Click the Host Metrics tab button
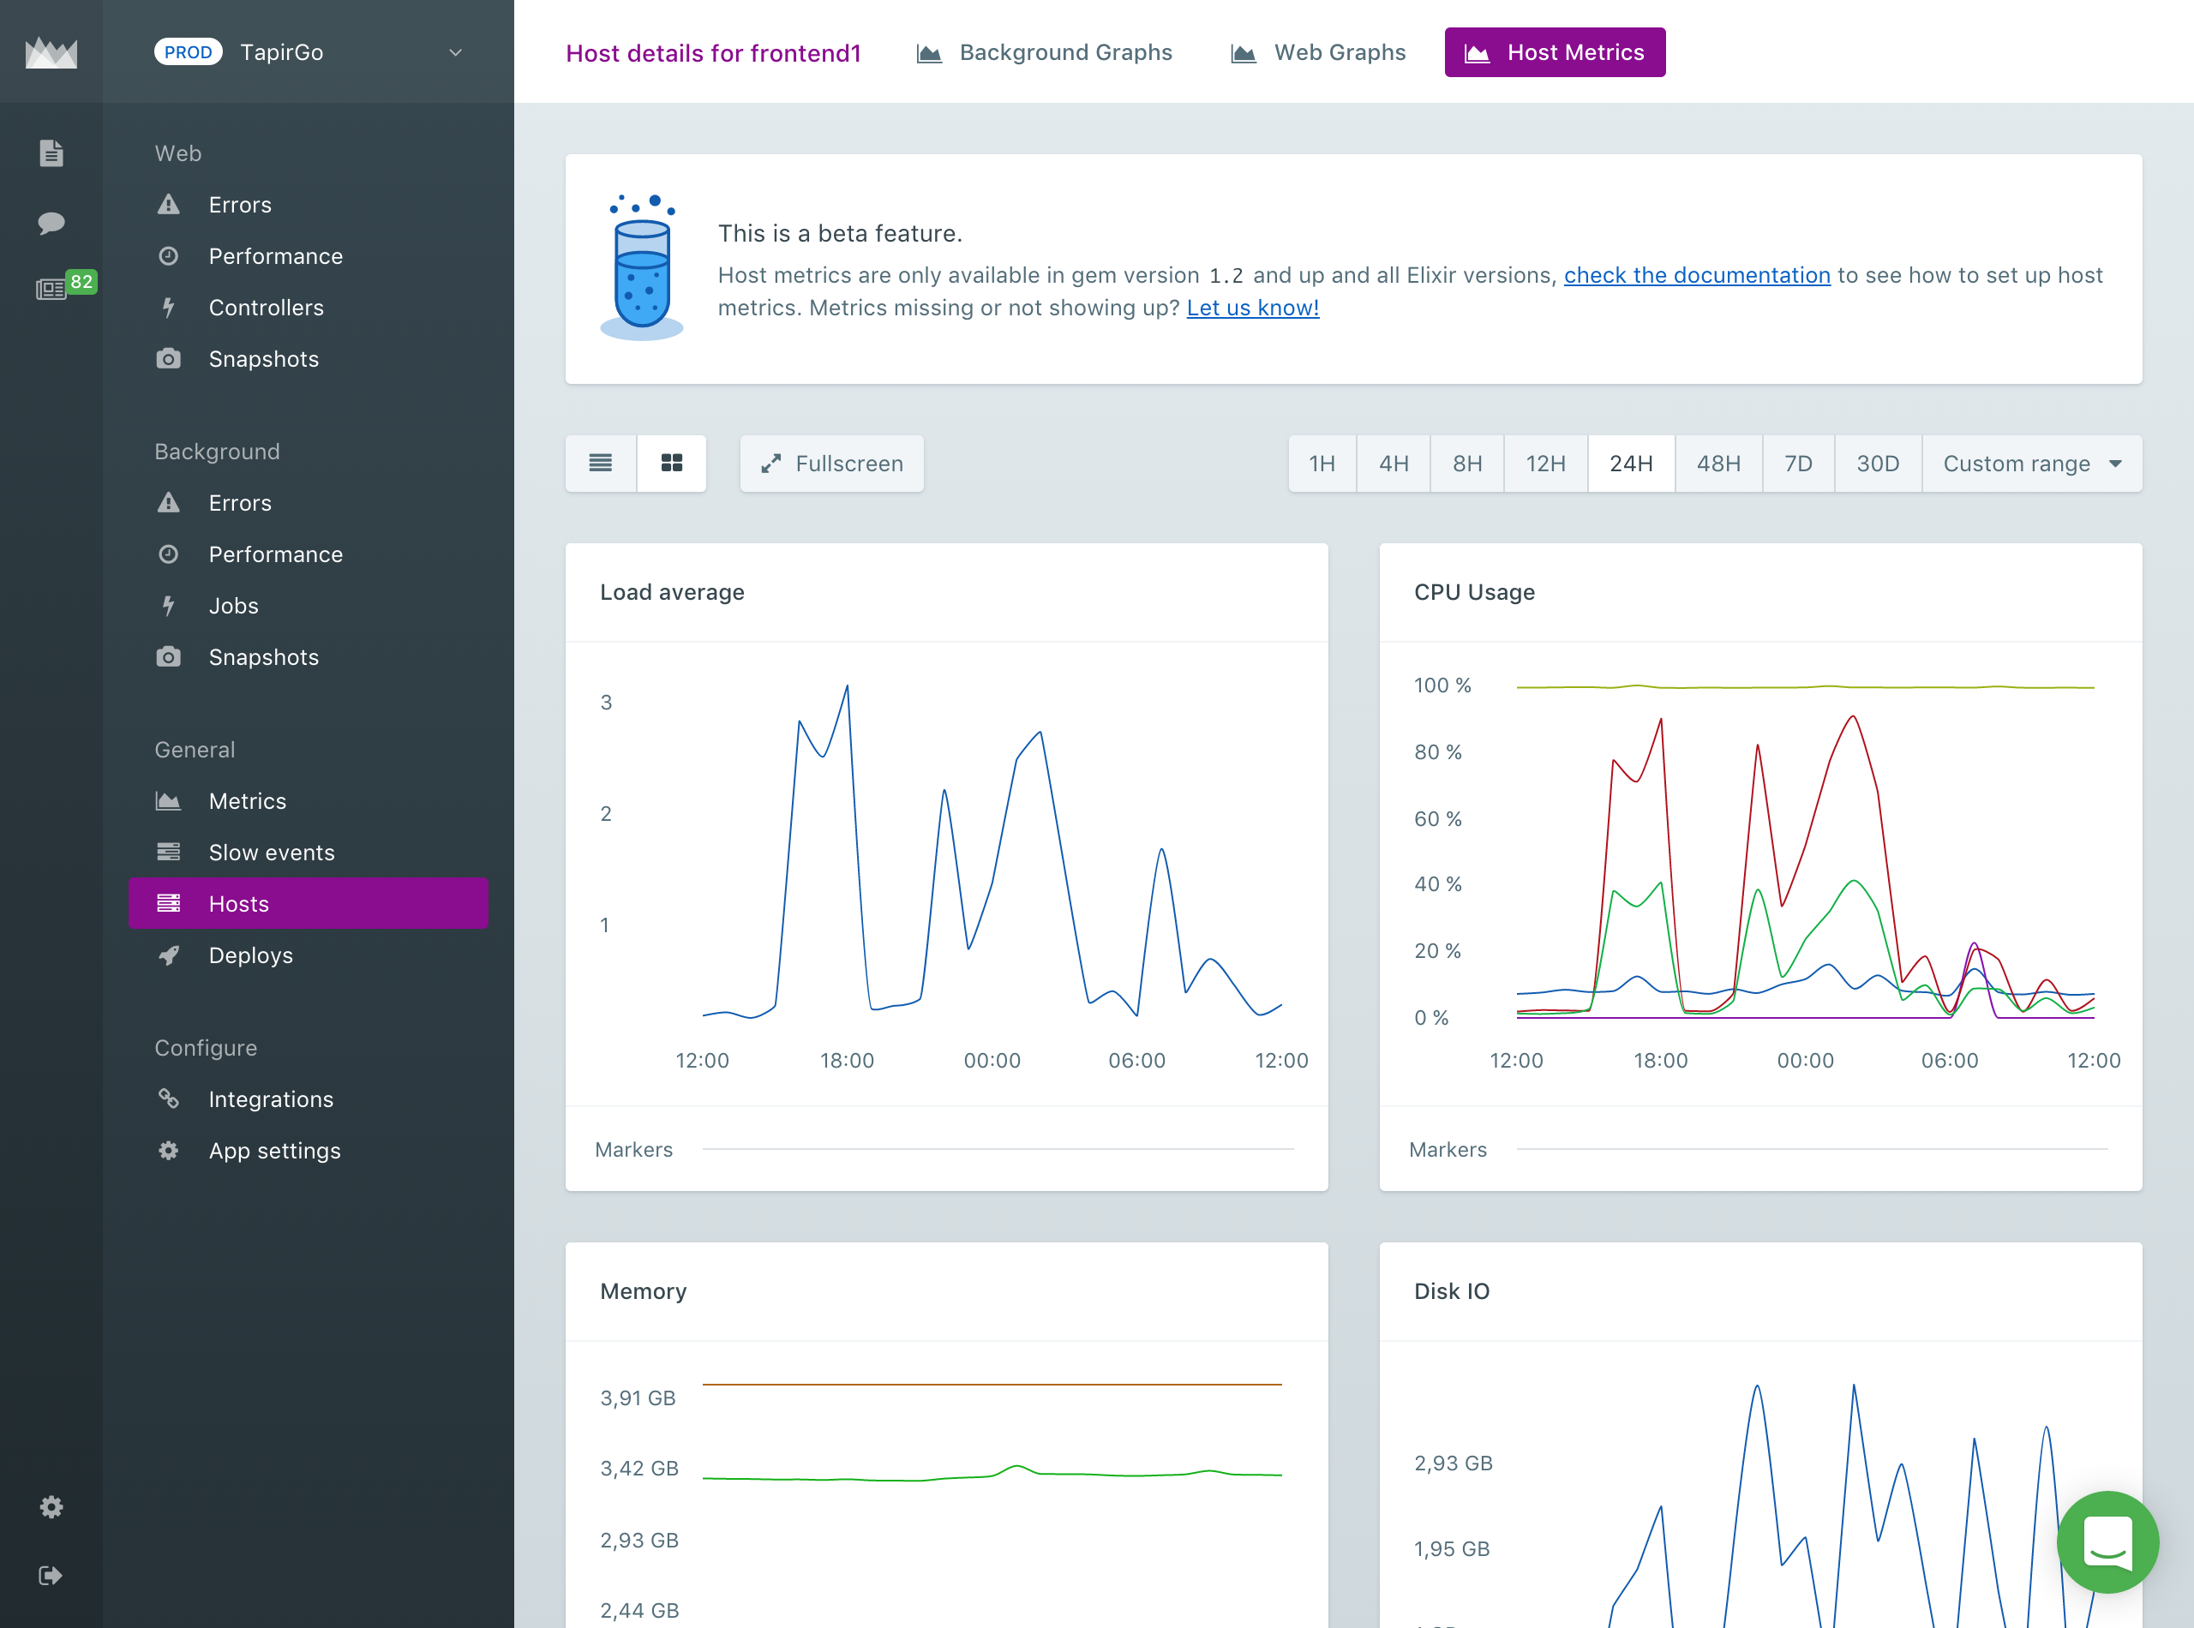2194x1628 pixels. (x=1555, y=52)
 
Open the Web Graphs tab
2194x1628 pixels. (x=1319, y=52)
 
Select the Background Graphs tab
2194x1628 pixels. (x=1045, y=52)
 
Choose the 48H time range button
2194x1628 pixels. (x=1718, y=464)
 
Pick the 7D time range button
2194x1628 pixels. (x=1798, y=464)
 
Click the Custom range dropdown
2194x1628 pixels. (x=2030, y=464)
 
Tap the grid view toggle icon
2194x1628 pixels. (x=671, y=464)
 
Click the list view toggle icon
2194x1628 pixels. (x=600, y=464)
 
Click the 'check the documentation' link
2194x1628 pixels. (x=1696, y=275)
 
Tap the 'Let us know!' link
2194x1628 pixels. (x=1252, y=308)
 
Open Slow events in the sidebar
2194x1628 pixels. (x=271, y=853)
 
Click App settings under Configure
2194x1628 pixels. (x=274, y=1150)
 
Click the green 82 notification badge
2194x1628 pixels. (x=81, y=282)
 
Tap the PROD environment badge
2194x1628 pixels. (x=189, y=52)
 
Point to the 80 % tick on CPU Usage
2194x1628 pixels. (x=1437, y=752)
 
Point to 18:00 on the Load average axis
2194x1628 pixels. (x=847, y=1061)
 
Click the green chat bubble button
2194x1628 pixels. (x=2107, y=1541)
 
